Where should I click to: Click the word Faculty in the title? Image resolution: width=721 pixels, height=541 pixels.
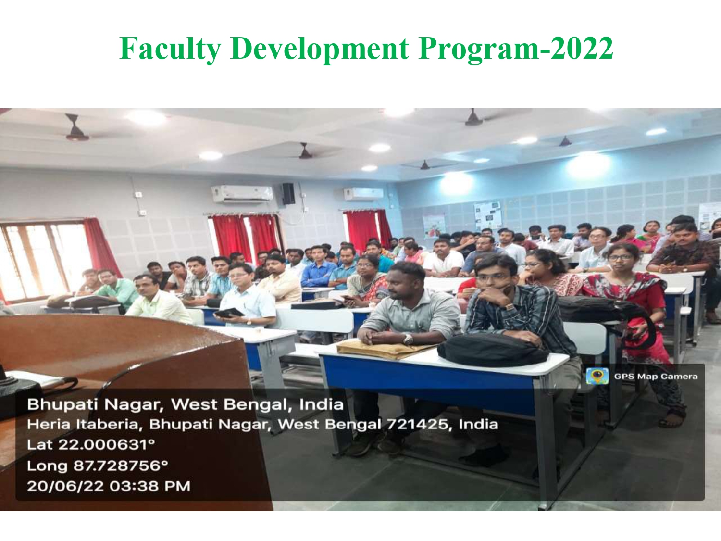tap(170, 49)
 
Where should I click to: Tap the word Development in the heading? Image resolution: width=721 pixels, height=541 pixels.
tap(319, 49)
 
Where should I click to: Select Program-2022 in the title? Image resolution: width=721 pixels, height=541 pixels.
tap(516, 49)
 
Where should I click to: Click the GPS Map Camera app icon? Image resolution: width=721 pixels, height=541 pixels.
tap(597, 376)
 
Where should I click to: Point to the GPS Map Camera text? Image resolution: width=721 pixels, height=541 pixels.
tap(656, 377)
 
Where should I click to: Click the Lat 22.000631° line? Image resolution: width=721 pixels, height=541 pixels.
tap(91, 445)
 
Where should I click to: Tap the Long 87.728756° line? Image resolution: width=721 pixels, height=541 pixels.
tap(97, 466)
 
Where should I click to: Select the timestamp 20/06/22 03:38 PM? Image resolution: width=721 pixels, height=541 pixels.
tap(109, 486)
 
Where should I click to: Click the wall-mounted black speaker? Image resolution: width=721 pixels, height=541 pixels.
tap(288, 193)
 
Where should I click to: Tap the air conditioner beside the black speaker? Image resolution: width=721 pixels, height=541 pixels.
tap(242, 194)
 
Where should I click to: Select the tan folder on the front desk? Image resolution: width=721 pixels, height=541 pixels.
tap(385, 349)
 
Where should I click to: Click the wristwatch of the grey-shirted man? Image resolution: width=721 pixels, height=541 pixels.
tap(408, 339)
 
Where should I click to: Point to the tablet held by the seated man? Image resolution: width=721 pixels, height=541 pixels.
tap(229, 313)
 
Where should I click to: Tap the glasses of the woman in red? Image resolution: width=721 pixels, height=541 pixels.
tap(619, 258)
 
